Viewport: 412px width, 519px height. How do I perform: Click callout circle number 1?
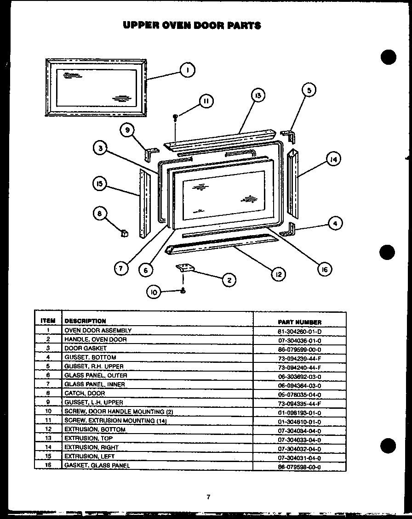pos(187,70)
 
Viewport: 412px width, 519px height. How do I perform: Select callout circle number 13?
pos(258,96)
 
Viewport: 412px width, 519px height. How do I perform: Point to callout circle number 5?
pos(309,90)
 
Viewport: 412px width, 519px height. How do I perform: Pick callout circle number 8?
pos(99,213)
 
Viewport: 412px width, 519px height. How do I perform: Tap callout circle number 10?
pos(154,292)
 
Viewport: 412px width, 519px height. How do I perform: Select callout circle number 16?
pos(325,270)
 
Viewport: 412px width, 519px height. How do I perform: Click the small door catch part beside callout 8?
pos(124,233)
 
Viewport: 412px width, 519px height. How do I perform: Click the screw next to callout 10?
pos(183,290)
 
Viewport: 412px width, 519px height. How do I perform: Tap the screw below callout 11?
pos(175,117)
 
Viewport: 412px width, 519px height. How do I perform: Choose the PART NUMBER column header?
pos(299,322)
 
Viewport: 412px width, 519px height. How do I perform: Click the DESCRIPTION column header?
pos(85,321)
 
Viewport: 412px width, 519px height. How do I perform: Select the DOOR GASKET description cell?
pos(86,348)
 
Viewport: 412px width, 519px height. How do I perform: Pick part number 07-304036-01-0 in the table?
pos(299,340)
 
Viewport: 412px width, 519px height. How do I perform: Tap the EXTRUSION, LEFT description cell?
pos(89,456)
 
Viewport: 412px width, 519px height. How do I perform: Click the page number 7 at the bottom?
pos(208,496)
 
